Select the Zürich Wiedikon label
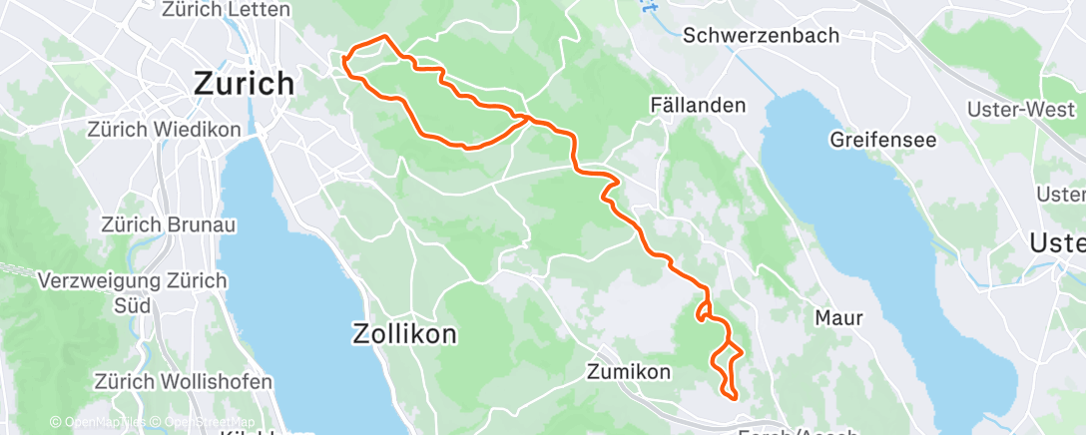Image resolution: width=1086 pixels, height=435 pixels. click(x=164, y=130)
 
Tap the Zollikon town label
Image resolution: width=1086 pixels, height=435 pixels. click(x=404, y=334)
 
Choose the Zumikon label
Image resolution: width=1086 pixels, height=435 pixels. click(x=629, y=372)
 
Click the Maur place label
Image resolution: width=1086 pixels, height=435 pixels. click(x=838, y=317)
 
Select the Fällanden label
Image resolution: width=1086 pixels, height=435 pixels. click(x=699, y=105)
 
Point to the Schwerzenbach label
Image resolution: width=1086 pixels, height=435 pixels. click(x=762, y=35)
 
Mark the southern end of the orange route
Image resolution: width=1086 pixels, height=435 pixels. click(x=735, y=397)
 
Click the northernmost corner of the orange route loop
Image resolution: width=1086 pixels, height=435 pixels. click(x=384, y=37)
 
